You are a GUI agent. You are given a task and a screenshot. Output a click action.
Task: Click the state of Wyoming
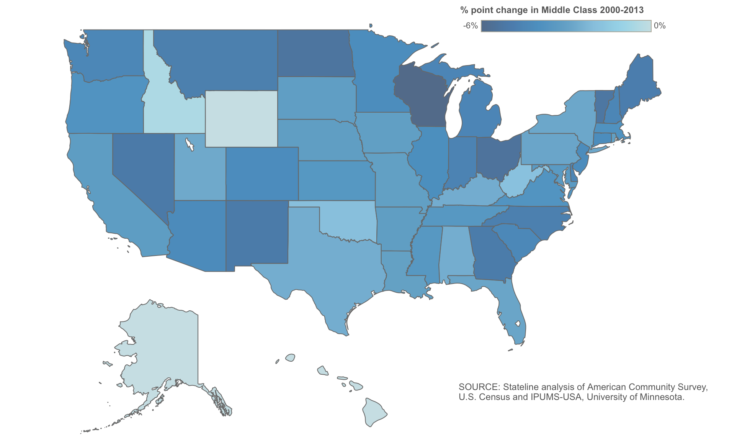(x=241, y=119)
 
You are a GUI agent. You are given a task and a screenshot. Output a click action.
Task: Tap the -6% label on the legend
(x=470, y=26)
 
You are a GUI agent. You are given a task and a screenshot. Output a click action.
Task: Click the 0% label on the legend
(x=660, y=26)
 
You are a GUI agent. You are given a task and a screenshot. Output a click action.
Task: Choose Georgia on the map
(x=490, y=253)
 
